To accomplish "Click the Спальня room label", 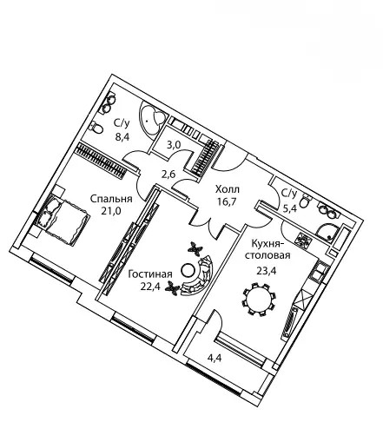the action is click(x=111, y=199).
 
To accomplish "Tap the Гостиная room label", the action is click(x=150, y=274).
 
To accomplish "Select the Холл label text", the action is click(x=228, y=189).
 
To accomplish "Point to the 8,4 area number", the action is click(x=122, y=136).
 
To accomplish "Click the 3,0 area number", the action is click(x=175, y=145).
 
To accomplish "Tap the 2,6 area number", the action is click(x=169, y=175).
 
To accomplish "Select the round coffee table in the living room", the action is click(x=187, y=270).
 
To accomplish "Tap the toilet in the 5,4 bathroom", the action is click(x=304, y=201).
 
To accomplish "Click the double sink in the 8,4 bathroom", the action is click(x=109, y=104).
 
